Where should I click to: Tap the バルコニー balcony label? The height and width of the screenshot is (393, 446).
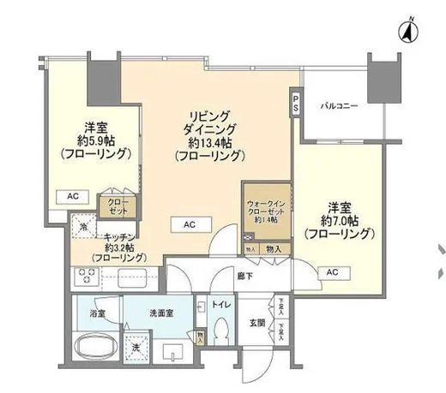tap(339, 106)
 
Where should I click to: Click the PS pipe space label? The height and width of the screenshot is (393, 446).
tap(296, 104)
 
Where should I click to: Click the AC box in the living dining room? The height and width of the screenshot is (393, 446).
tap(190, 224)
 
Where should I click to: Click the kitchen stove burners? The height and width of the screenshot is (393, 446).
tap(87, 277)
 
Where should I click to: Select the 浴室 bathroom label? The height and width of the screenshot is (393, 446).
tap(98, 314)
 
